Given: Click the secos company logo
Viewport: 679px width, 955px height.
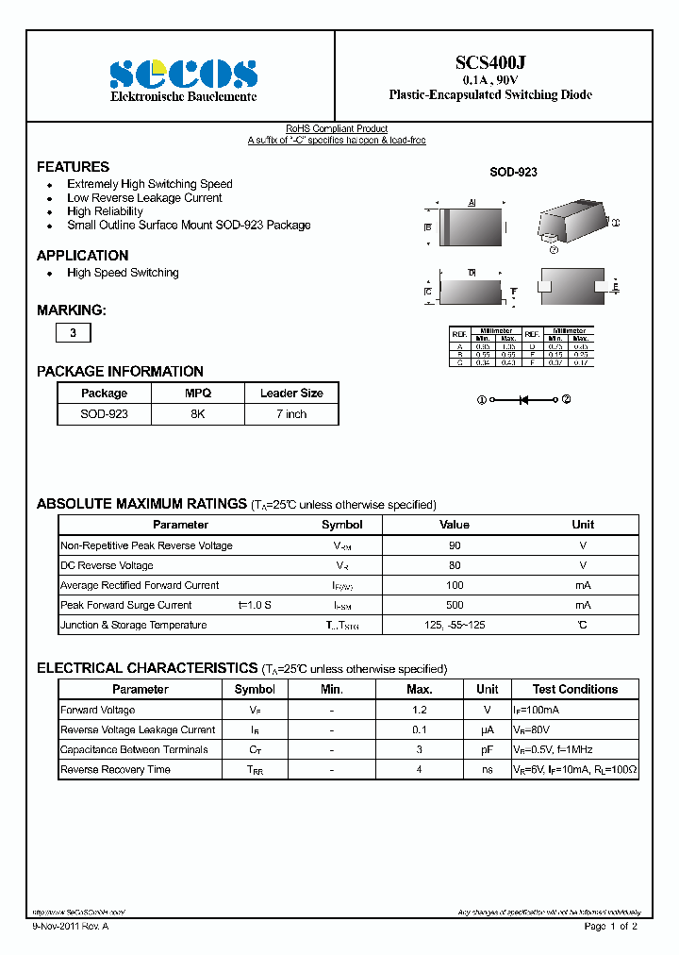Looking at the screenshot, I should click(x=183, y=74).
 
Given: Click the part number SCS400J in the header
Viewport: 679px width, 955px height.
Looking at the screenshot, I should click(x=490, y=62).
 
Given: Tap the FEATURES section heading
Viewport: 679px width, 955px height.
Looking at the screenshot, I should click(x=73, y=166).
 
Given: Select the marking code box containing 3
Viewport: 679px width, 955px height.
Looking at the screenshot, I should click(x=74, y=333).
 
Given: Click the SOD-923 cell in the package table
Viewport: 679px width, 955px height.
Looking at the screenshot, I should click(x=104, y=414).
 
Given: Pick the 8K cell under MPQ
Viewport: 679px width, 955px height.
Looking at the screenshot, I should click(x=197, y=414).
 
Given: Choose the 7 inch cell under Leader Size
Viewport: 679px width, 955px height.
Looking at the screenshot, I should click(x=291, y=414).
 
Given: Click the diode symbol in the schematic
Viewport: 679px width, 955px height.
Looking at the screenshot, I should click(x=524, y=400).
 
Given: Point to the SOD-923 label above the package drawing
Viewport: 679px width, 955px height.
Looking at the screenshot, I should click(x=513, y=173).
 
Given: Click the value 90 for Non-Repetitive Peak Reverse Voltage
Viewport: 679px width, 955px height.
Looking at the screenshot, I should click(x=455, y=545).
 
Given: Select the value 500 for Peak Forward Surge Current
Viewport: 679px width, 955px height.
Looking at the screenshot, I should click(x=455, y=605).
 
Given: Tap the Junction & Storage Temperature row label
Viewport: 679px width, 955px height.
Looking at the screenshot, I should click(x=133, y=625).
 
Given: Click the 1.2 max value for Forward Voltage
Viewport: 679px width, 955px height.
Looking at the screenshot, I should click(x=420, y=710).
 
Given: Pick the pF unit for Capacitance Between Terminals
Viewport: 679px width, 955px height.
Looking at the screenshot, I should click(x=488, y=749).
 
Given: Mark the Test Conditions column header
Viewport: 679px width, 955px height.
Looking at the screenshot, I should click(x=574, y=689).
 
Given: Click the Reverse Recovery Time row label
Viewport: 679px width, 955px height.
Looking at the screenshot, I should click(x=115, y=769).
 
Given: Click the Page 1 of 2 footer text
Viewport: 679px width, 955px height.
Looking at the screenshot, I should click(x=610, y=927).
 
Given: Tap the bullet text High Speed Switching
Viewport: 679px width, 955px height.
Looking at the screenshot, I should click(x=123, y=273).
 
